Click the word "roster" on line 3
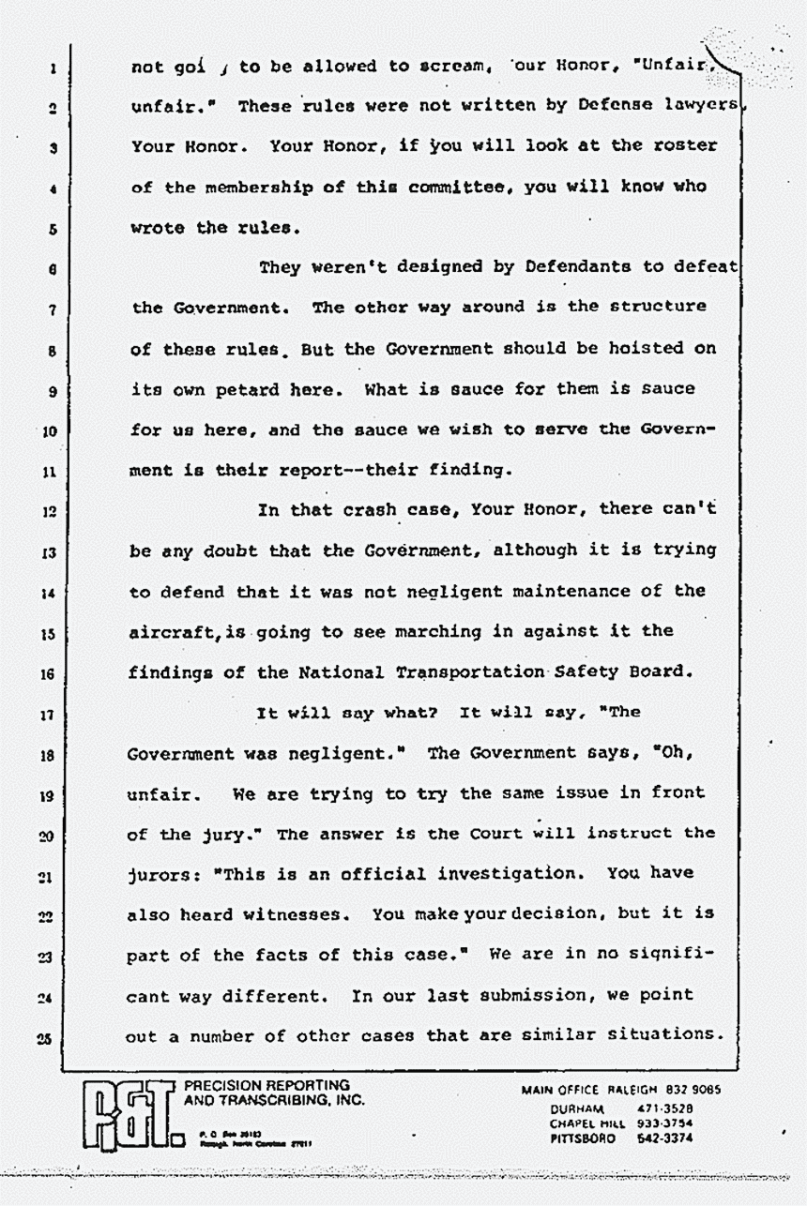tap(686, 146)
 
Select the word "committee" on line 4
tap(453, 187)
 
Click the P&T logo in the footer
tap(129, 1116)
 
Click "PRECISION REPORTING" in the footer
tap(266, 1086)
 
